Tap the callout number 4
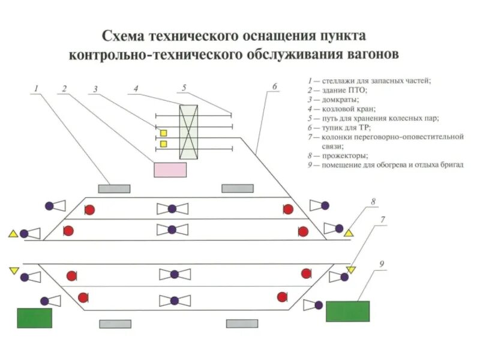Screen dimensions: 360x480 136,88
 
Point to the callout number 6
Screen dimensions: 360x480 274,86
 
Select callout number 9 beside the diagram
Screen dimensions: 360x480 382,264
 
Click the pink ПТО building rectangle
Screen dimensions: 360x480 170,169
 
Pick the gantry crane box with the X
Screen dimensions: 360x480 188,132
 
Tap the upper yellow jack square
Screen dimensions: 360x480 163,133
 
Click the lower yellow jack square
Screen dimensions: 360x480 163,144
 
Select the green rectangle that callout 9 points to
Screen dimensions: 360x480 347,311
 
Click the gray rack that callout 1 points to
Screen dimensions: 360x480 114,188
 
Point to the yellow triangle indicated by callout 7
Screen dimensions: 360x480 351,270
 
